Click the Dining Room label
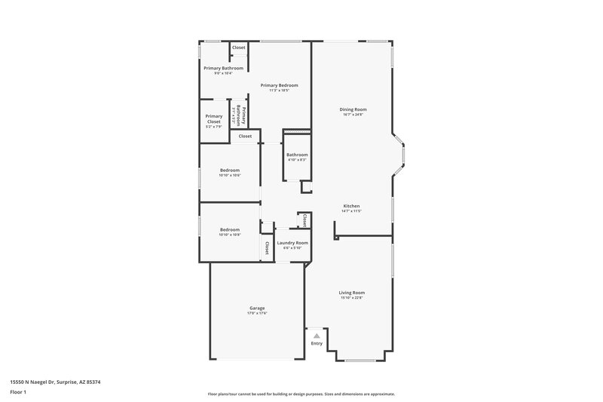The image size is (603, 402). [x=353, y=110]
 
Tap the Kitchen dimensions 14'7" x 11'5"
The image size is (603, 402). [x=352, y=211]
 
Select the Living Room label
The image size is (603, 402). [x=352, y=293]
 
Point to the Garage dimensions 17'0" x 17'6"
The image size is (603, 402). [x=258, y=313]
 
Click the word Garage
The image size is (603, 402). [x=258, y=308]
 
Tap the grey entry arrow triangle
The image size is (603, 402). [x=317, y=335]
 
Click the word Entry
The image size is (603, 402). [x=317, y=344]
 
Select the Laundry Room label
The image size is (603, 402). [x=291, y=243]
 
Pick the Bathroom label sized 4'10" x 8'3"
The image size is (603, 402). [x=297, y=155]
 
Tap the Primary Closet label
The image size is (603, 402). [x=213, y=118]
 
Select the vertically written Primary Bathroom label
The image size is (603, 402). [x=240, y=118]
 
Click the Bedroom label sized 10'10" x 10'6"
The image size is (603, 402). [x=230, y=170]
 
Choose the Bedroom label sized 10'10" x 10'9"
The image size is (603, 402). [x=230, y=229]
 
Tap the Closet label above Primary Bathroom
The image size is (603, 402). [x=238, y=48]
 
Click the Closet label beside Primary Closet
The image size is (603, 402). [x=245, y=137]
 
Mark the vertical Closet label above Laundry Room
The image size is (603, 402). [x=304, y=220]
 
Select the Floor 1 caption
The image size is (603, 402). [x=18, y=393]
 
